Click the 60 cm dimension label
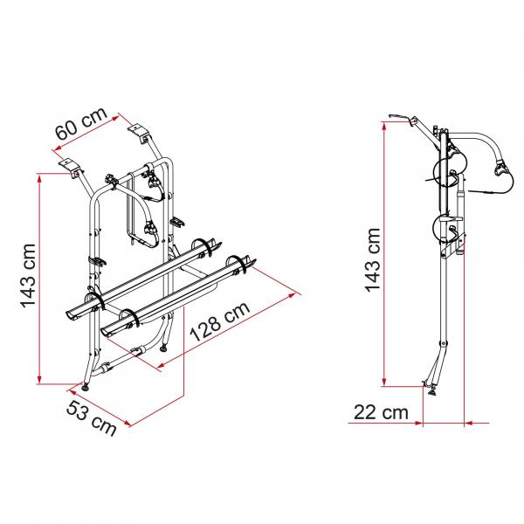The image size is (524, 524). coord(81,124)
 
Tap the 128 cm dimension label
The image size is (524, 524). coord(219,321)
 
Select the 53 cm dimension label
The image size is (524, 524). coord(91,418)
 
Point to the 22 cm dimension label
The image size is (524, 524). coord(381,412)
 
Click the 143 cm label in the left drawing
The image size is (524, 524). coord(28,275)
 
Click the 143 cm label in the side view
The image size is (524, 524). coord(373,260)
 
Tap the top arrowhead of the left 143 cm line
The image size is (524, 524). coord(39,179)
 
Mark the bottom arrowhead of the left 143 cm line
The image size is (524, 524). coord(39,379)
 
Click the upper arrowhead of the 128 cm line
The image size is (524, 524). coord(292,295)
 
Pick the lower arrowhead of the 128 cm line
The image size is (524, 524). coord(162,366)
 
